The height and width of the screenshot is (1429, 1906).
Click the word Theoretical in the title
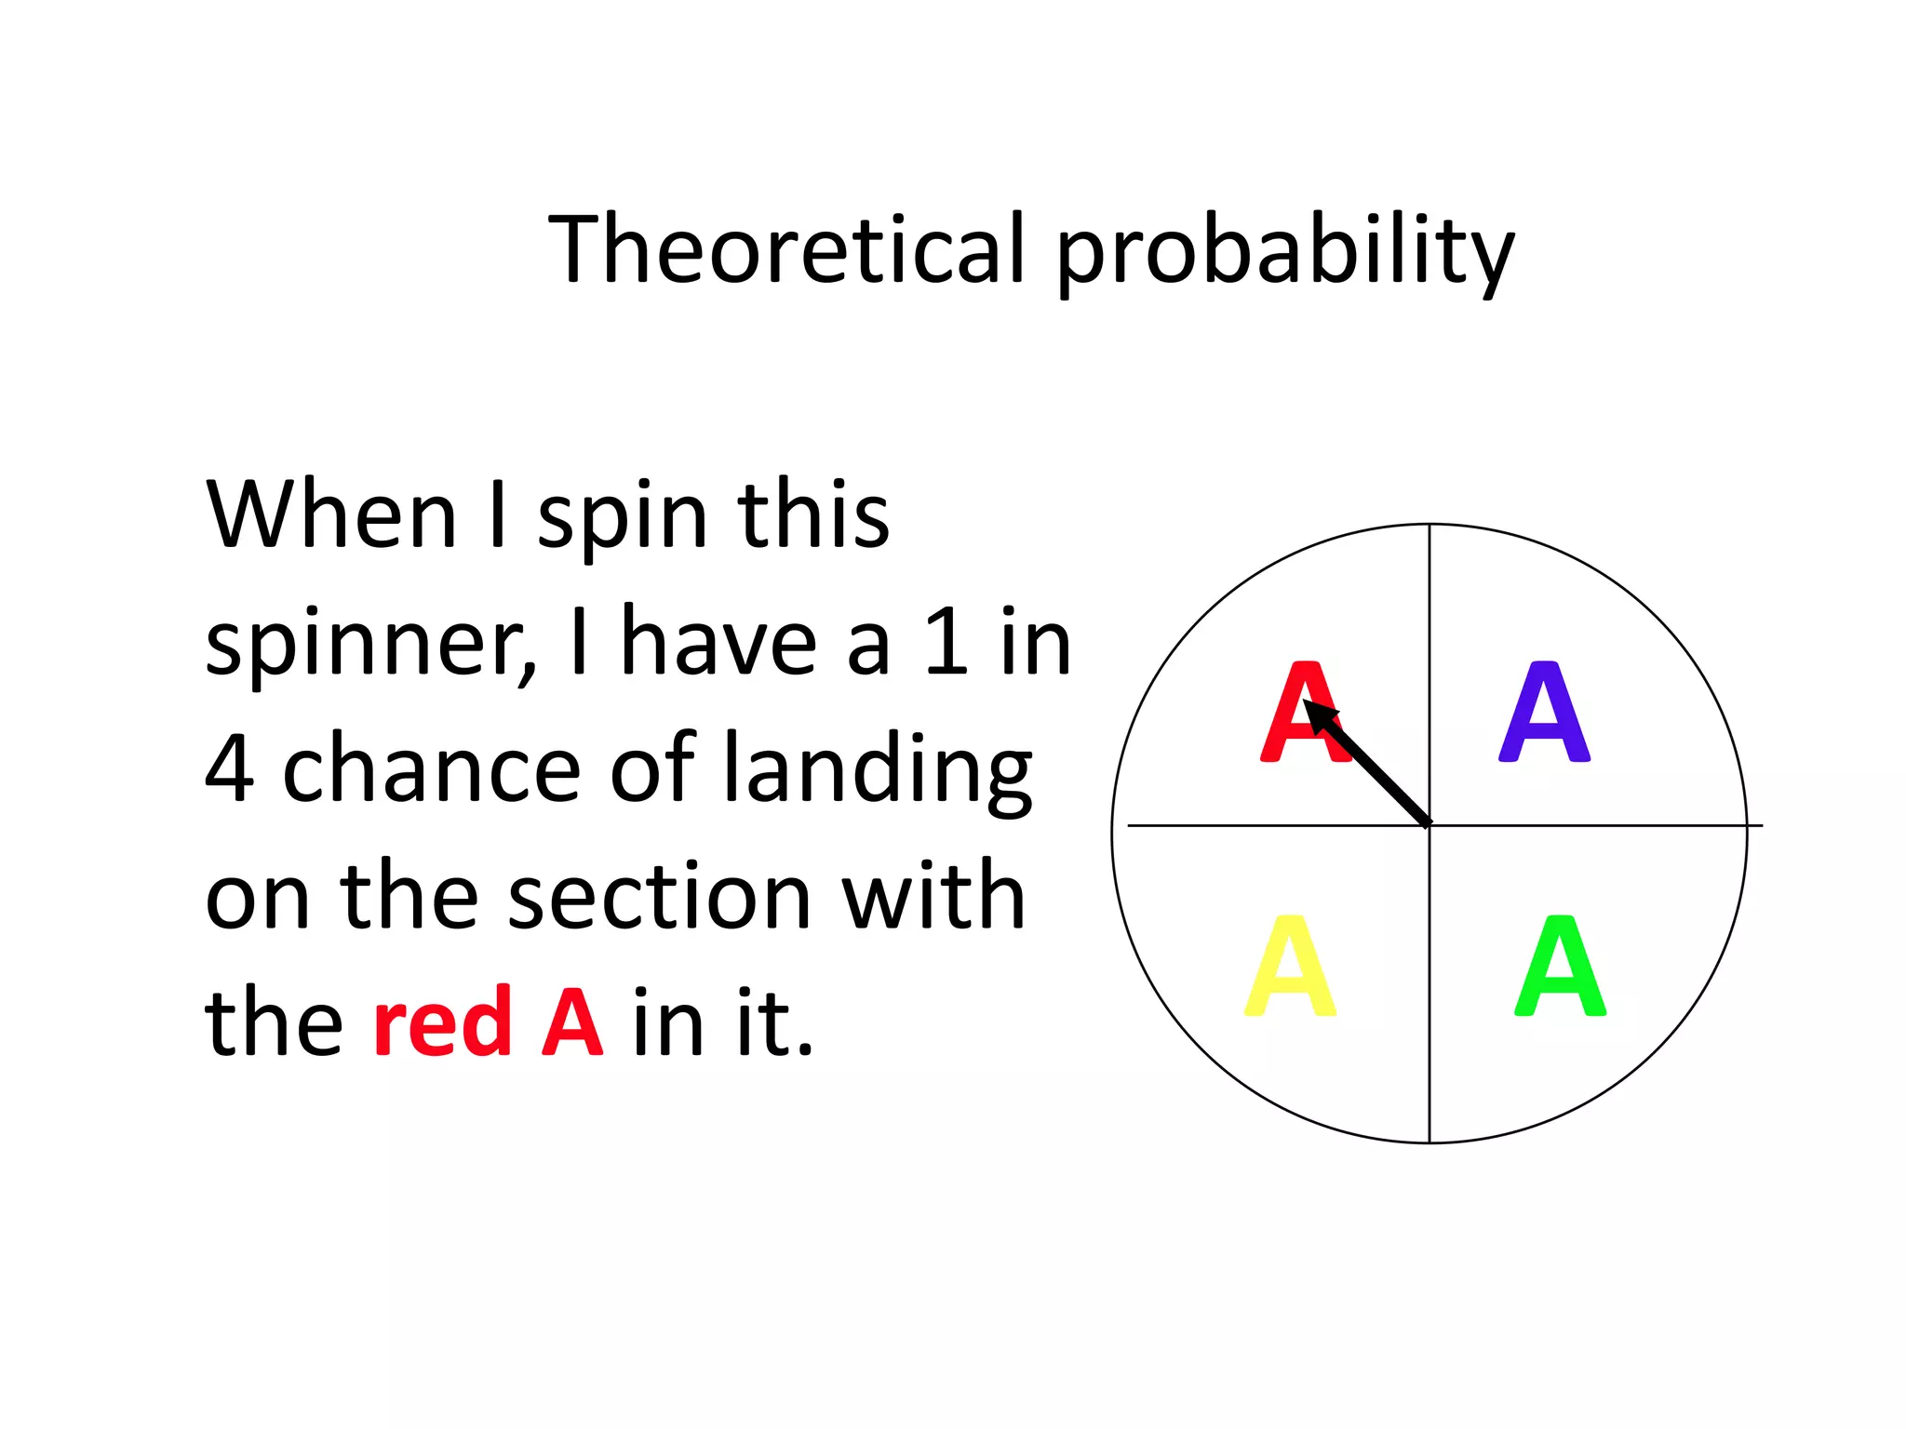[x=786, y=248]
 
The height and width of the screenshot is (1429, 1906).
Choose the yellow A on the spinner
[x=1290, y=967]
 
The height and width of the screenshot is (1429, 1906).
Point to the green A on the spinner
[x=1560, y=967]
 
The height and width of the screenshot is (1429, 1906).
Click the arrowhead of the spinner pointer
[x=1317, y=714]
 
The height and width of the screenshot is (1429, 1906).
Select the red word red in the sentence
[x=442, y=1022]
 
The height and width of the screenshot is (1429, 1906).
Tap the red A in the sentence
[x=571, y=1022]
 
